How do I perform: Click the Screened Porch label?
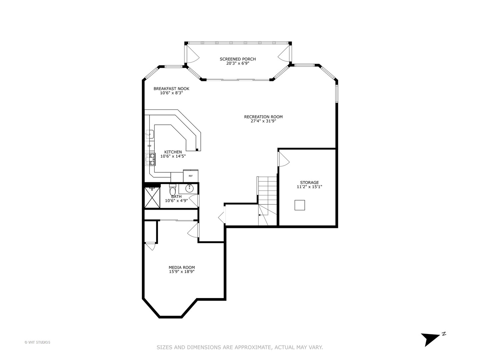pyautogui.click(x=238, y=59)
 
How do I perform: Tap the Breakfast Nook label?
pyautogui.click(x=171, y=89)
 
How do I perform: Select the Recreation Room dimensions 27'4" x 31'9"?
pyautogui.click(x=263, y=121)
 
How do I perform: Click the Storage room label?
pyautogui.click(x=309, y=182)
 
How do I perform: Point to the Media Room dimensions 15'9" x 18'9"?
pyautogui.click(x=182, y=272)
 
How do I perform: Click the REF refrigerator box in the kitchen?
pyautogui.click(x=191, y=176)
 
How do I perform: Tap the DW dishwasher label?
pyautogui.click(x=149, y=146)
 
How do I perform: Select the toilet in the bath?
pyautogui.click(x=172, y=191)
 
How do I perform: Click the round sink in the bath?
pyautogui.click(x=189, y=188)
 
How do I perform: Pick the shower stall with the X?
pyautogui.click(x=152, y=198)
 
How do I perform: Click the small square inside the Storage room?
pyautogui.click(x=300, y=205)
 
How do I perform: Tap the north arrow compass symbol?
pyautogui.click(x=431, y=339)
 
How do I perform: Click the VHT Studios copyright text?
pyautogui.click(x=37, y=342)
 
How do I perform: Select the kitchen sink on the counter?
pyautogui.click(x=150, y=134)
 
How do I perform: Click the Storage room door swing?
pyautogui.click(x=283, y=159)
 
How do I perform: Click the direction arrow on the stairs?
pyautogui.click(x=260, y=215)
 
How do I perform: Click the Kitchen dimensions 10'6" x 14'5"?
pyautogui.click(x=173, y=156)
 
